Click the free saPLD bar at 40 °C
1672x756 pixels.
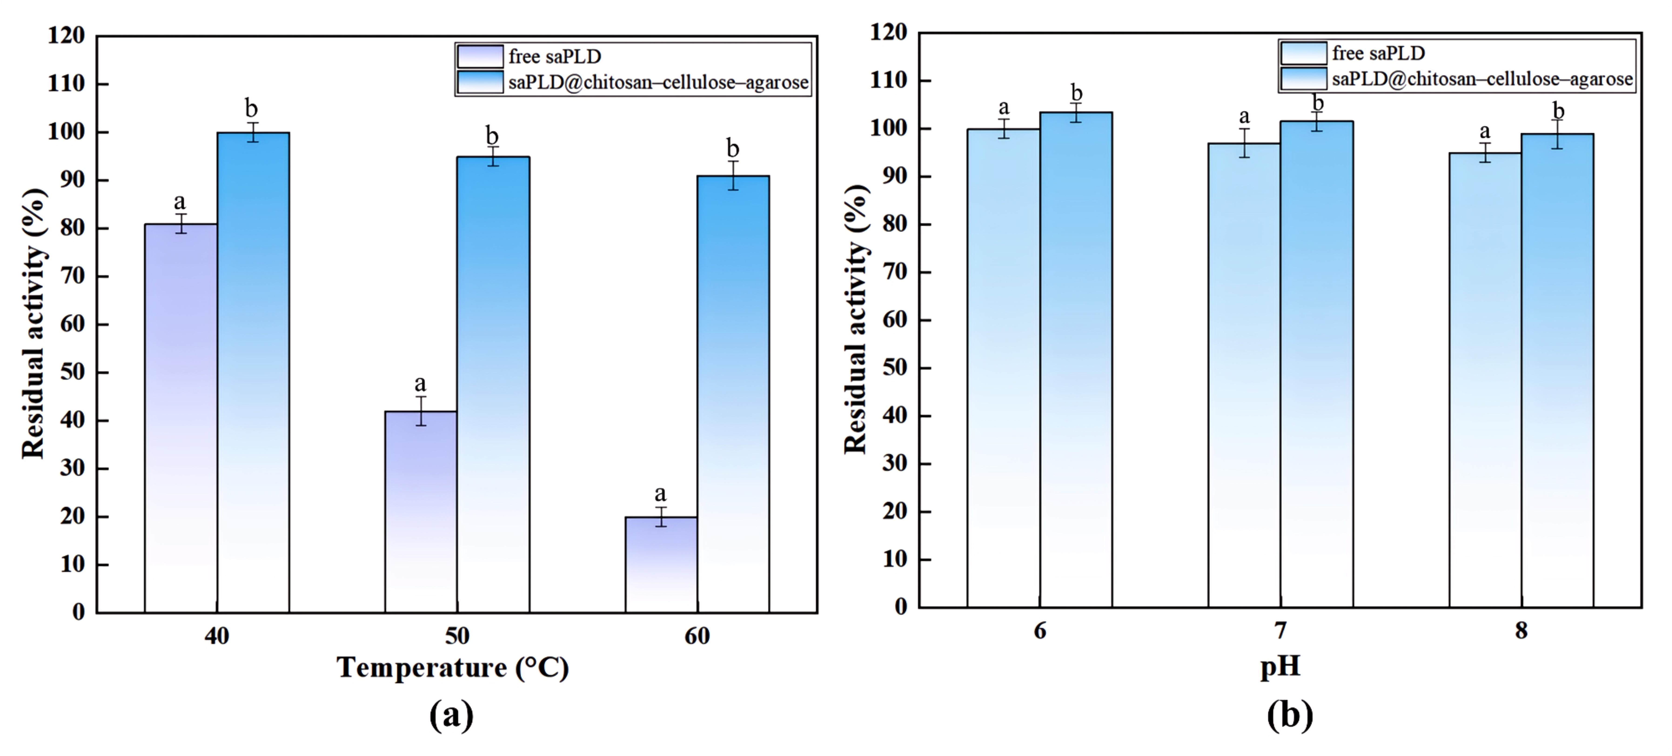click(x=181, y=418)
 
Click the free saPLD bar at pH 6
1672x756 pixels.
click(x=1003, y=368)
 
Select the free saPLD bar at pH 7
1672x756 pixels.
click(x=1244, y=375)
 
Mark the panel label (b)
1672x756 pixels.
click(x=1290, y=715)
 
